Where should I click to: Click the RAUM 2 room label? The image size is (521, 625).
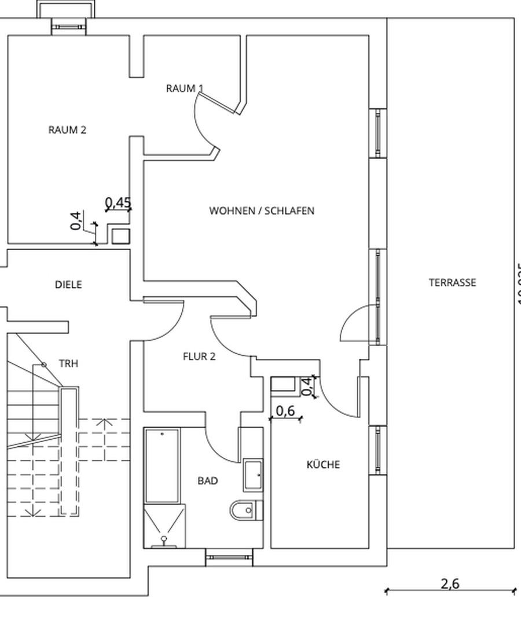point(67,130)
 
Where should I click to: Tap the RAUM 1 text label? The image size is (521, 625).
point(184,89)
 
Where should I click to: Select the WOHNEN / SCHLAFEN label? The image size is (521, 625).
point(262,211)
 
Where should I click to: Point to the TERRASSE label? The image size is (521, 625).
point(453,282)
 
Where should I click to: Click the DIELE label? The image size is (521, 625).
point(68,285)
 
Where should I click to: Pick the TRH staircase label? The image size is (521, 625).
point(68,363)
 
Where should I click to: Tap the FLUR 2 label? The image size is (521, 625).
point(199,356)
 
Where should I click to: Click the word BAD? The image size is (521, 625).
point(208,480)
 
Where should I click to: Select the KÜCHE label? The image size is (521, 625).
point(323,464)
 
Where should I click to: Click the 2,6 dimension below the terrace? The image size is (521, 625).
point(450,583)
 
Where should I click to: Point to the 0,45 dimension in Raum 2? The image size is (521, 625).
point(118,203)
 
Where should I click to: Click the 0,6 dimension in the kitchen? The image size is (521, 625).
point(285,411)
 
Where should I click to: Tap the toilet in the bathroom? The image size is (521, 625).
point(244,510)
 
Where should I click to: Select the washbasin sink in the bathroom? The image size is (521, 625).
point(254,475)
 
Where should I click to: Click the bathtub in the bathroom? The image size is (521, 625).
point(163,466)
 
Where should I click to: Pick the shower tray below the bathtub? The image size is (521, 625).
point(164,525)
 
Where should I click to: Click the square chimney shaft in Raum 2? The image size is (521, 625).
point(120,236)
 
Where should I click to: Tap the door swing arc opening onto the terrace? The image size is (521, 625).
point(354,324)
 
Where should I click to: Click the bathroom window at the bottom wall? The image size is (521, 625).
point(230,558)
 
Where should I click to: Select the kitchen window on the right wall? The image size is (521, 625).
point(377,450)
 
